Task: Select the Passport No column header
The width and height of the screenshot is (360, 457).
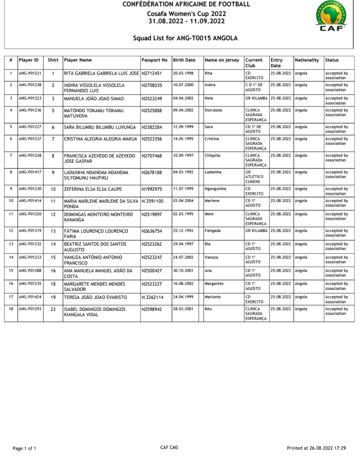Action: pos(154,60)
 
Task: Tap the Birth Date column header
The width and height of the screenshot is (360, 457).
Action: pos(184,60)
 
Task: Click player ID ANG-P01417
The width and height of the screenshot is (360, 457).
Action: pos(30,172)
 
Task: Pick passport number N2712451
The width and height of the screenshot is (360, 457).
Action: pos(152,73)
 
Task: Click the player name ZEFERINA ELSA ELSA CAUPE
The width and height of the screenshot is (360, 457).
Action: pos(93,189)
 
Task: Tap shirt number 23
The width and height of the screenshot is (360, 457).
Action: pos(53,309)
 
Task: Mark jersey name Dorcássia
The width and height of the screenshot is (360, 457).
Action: pos(214,110)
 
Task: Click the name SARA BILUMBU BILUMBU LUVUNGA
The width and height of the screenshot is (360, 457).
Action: pos(100,127)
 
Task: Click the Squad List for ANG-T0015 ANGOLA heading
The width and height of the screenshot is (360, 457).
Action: pos(185,38)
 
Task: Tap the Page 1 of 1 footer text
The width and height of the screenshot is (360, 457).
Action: pos(24,448)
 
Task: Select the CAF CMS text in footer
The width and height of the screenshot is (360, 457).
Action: pos(169,448)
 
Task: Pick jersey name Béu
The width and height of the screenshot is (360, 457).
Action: pos(208,309)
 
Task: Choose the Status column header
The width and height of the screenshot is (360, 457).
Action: pos(332,60)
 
